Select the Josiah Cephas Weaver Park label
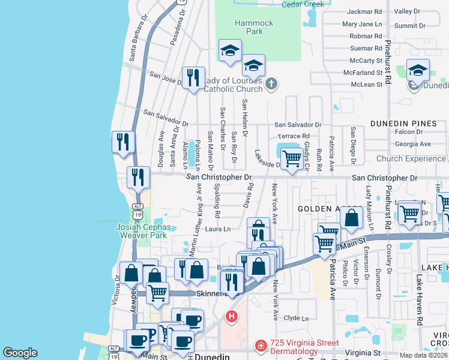[x=143, y=232]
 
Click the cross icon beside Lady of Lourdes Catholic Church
[x=271, y=83]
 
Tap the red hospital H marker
[x=231, y=316]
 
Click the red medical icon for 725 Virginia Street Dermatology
[x=261, y=345]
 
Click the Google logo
[x=20, y=353]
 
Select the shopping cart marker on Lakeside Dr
[x=292, y=160]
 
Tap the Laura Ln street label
[x=218, y=229]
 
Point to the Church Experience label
[x=411, y=159]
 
